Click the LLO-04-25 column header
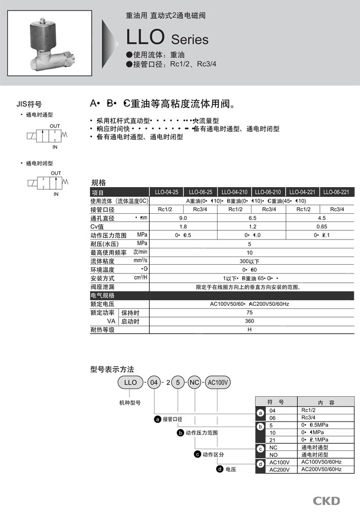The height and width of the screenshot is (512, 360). click(165, 192)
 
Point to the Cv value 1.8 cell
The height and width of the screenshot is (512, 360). click(183, 227)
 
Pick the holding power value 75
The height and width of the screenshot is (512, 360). click(249, 313)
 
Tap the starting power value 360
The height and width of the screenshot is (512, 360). click(249, 321)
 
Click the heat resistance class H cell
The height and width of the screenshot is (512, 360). click(249, 330)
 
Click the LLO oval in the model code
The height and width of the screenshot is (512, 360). click(131, 382)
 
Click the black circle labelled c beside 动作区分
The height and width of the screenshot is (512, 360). click(197, 454)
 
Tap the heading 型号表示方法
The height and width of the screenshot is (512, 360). click(112, 369)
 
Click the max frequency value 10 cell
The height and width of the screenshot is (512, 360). click(249, 252)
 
